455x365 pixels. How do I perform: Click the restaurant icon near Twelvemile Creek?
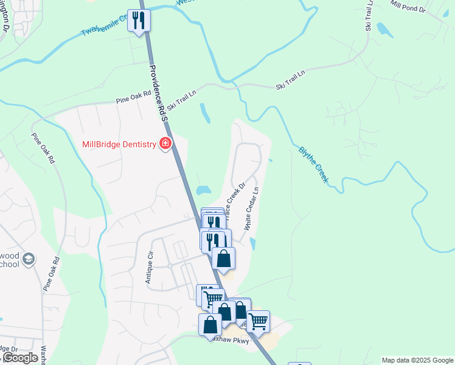click(139, 21)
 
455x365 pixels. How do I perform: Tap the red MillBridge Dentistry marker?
click(165, 144)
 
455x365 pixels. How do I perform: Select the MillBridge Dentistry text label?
click(119, 145)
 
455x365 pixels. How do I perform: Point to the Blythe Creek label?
click(313, 164)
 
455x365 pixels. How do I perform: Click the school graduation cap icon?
click(28, 260)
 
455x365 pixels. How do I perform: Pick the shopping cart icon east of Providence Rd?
click(259, 321)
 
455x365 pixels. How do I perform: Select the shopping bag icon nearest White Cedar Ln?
click(224, 258)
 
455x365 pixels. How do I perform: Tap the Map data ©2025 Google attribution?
click(417, 360)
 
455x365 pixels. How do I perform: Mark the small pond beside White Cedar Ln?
click(253, 243)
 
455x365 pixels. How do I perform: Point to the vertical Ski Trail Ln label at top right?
click(369, 16)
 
